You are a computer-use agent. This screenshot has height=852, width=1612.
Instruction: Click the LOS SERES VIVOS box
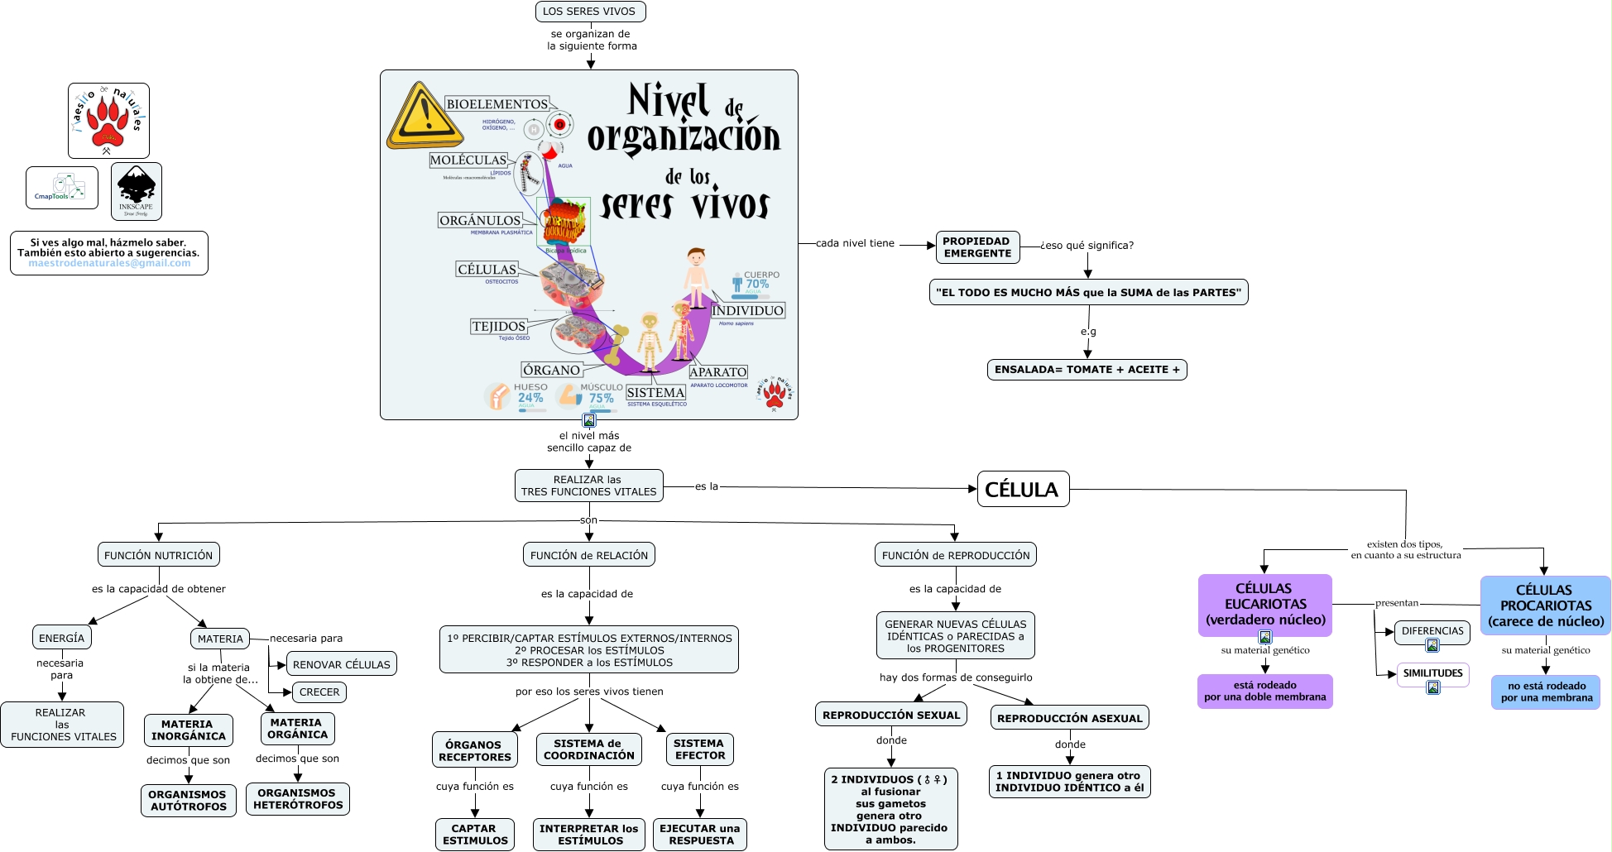[590, 12]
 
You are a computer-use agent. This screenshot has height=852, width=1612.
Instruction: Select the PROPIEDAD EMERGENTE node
[977, 247]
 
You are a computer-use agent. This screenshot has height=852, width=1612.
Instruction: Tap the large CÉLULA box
[1023, 490]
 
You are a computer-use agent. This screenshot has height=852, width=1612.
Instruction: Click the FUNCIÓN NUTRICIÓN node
[159, 555]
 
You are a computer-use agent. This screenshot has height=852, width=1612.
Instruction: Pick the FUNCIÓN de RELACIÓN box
[589, 555]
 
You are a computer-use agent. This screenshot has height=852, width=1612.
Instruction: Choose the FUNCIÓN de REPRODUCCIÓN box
[956, 555]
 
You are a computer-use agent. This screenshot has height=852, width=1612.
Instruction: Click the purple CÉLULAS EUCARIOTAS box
[1264, 604]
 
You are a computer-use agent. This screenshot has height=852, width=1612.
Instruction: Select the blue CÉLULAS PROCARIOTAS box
[1545, 605]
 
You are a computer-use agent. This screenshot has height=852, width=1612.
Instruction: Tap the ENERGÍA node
[62, 638]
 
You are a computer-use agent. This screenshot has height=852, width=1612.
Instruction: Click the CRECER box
[319, 692]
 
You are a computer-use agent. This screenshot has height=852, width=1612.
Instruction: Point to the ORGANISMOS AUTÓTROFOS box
[189, 800]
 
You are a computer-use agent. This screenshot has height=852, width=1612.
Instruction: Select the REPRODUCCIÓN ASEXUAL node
[1069, 718]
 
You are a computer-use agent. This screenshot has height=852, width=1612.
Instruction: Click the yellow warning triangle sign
[423, 117]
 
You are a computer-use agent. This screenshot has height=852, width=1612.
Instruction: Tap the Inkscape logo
[136, 191]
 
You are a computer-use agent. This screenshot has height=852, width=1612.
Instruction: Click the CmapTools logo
[62, 188]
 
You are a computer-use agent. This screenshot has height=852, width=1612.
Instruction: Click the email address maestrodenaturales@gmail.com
[109, 264]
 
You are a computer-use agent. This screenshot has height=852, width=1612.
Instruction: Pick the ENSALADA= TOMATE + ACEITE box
[1087, 370]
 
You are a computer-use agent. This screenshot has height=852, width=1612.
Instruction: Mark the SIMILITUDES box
[1432, 673]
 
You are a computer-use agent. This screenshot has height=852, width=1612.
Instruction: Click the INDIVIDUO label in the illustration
[747, 311]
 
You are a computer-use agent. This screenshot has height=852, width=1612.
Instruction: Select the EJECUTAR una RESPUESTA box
[701, 834]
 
